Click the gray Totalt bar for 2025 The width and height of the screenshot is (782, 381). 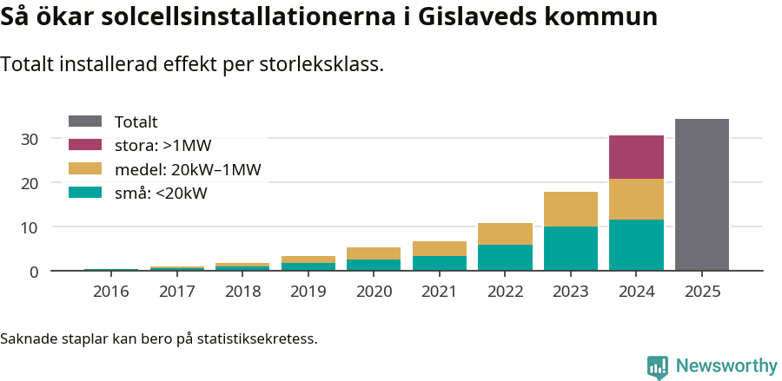[x=701, y=195]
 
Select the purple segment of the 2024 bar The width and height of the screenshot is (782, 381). [x=636, y=157]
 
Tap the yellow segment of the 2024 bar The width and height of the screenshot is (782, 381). [x=636, y=199]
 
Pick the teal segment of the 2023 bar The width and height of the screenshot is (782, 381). [x=571, y=248]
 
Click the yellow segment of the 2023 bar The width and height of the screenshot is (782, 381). [x=571, y=209]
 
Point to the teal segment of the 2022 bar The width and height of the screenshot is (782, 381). [x=505, y=258]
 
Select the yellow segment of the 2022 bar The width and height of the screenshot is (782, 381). [x=505, y=233]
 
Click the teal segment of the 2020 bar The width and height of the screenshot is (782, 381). [x=374, y=265]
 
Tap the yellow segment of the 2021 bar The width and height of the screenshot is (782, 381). [x=439, y=248]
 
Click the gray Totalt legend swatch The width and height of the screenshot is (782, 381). [x=84, y=122]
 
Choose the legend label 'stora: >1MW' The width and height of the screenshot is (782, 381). [x=162, y=146]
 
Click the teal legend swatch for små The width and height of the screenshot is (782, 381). [x=84, y=193]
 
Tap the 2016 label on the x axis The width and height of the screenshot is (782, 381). [x=110, y=292]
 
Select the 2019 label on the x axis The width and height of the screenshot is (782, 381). [x=308, y=292]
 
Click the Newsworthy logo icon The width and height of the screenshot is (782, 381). [x=658, y=366]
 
